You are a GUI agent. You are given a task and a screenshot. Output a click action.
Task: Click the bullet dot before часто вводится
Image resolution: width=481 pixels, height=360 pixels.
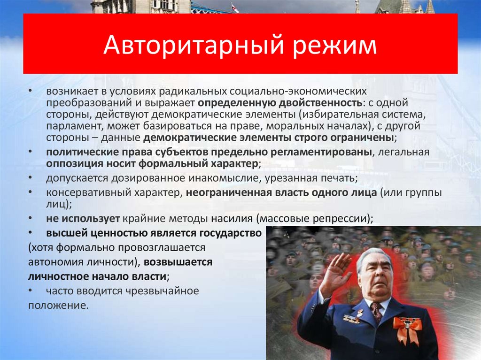pyautogui.click(x=30, y=291)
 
